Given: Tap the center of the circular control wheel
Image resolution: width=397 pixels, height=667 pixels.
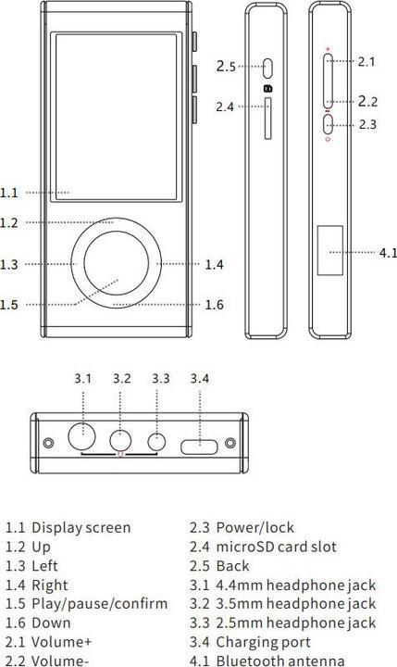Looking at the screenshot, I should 117,263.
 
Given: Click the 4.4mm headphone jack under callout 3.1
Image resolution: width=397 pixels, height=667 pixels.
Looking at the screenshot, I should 83,434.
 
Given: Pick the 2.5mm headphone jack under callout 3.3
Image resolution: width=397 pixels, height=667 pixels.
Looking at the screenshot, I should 158,443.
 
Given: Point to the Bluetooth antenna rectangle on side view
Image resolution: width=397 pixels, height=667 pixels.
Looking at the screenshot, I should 330,251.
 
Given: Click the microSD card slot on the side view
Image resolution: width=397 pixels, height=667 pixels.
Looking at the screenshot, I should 269,120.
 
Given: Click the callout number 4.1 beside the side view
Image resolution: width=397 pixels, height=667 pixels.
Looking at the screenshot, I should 388,252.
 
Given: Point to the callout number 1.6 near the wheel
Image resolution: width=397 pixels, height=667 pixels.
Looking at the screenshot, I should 214,305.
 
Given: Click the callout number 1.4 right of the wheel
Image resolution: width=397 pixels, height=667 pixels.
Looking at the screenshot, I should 214,265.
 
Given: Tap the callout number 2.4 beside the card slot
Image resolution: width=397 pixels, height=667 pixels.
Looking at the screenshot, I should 225,107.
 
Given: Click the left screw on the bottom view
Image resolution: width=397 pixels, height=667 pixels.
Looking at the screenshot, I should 48,444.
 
